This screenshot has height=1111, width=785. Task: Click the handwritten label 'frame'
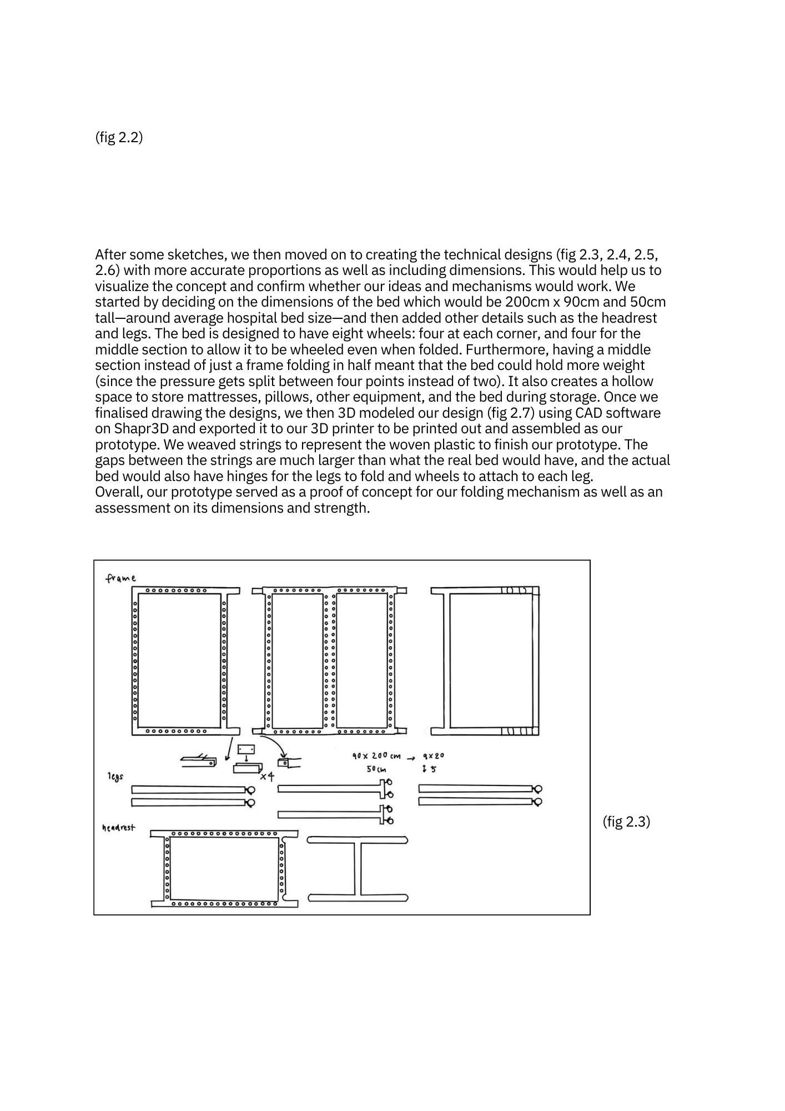[x=121, y=578]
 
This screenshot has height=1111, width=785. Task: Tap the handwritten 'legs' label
[x=115, y=775]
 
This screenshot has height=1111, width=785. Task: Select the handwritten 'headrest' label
[x=118, y=828]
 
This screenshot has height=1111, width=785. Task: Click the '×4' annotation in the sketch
[x=267, y=776]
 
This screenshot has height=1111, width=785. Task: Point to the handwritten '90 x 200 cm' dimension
[x=376, y=756]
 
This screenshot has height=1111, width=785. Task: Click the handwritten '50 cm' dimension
[x=376, y=769]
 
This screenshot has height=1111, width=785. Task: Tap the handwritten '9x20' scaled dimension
[x=434, y=756]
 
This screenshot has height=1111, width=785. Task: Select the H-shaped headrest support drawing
[x=358, y=868]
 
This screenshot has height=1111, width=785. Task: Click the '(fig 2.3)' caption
[x=626, y=822]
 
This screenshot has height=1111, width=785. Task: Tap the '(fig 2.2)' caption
[x=119, y=137]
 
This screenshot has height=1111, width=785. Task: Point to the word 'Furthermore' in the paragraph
[x=506, y=349]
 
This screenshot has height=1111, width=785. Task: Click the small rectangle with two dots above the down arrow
[x=246, y=749]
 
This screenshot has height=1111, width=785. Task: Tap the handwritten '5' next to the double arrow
[x=433, y=769]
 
